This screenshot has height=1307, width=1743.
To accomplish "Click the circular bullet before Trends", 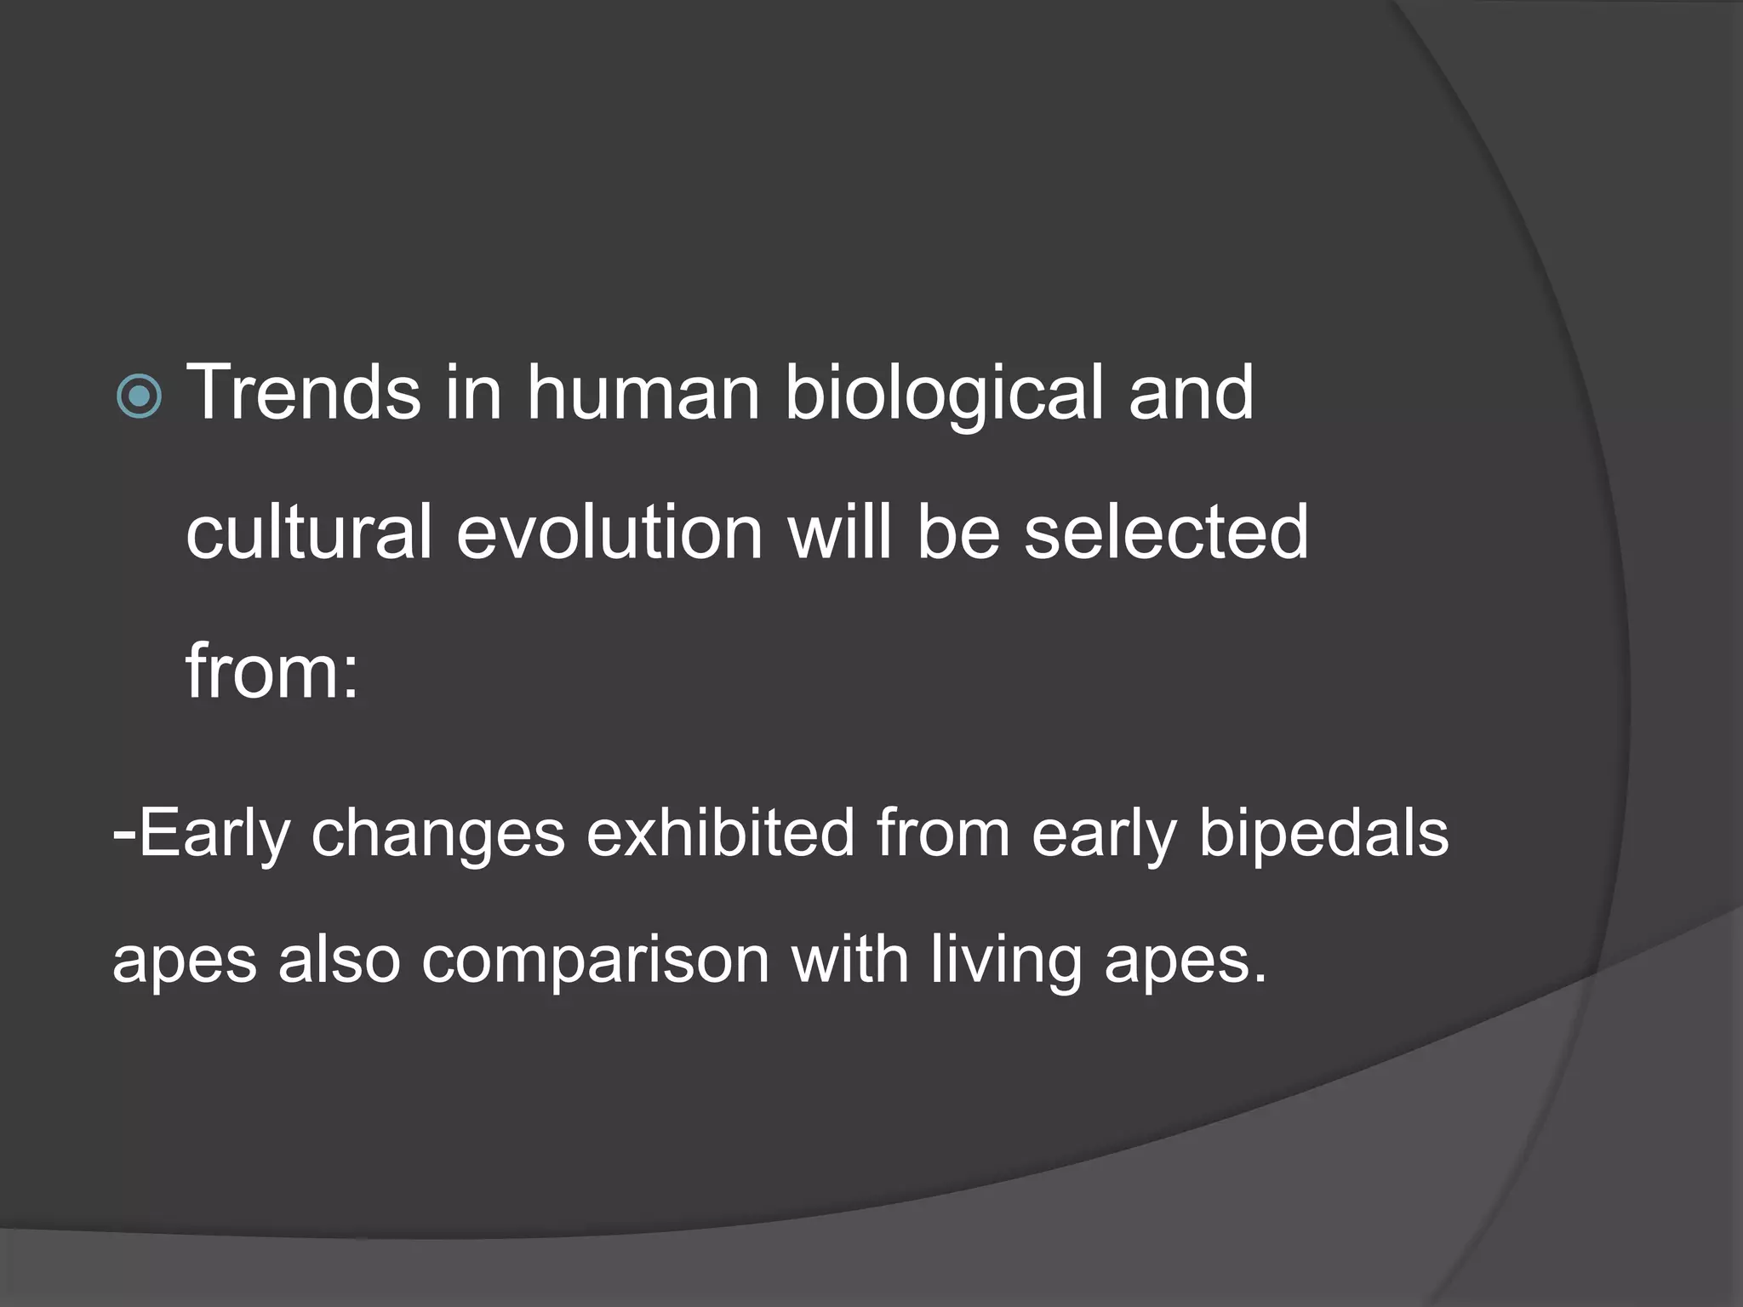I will pos(139,396).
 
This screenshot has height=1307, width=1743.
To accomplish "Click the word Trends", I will pos(303,393).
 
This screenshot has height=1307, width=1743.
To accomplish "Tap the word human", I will pos(643,393).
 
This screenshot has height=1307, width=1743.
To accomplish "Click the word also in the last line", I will pos(339,960).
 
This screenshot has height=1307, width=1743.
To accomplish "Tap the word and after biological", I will pos(1190,393).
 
